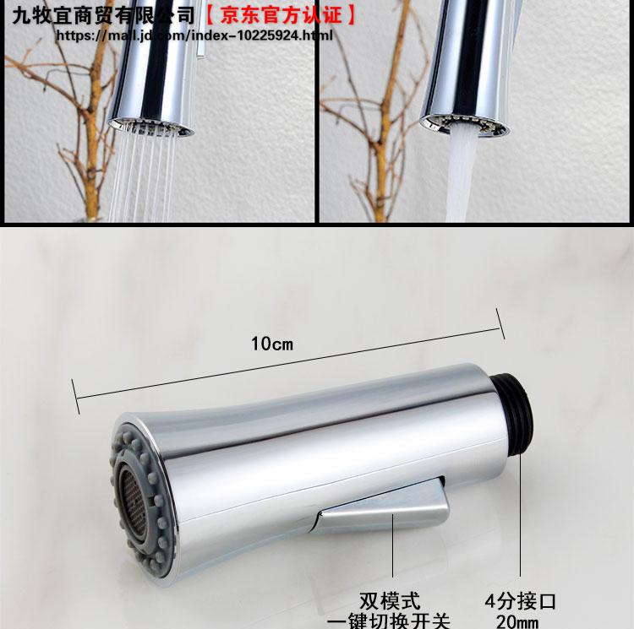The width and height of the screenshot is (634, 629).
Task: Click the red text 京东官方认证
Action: (281, 16)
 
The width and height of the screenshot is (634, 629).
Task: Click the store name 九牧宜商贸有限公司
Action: (103, 16)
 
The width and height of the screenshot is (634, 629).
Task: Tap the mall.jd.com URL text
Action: (194, 35)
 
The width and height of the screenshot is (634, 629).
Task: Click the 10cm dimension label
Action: (271, 344)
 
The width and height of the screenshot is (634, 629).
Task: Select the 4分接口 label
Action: (521, 601)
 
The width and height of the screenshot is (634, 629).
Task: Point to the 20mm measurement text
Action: (517, 621)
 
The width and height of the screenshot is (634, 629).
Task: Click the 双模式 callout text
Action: (390, 601)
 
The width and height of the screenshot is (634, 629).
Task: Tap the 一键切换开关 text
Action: (388, 621)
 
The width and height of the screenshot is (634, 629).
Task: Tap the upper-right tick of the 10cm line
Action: (500, 323)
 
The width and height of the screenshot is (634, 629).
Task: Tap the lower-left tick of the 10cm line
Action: (75, 397)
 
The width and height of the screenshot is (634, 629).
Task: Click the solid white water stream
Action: (460, 174)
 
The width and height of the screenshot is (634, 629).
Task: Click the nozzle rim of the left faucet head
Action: (150, 127)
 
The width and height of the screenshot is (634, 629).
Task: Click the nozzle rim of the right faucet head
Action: (464, 123)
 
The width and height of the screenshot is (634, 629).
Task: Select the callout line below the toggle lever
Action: (392, 545)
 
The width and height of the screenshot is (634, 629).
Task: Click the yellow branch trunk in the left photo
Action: (94, 133)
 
